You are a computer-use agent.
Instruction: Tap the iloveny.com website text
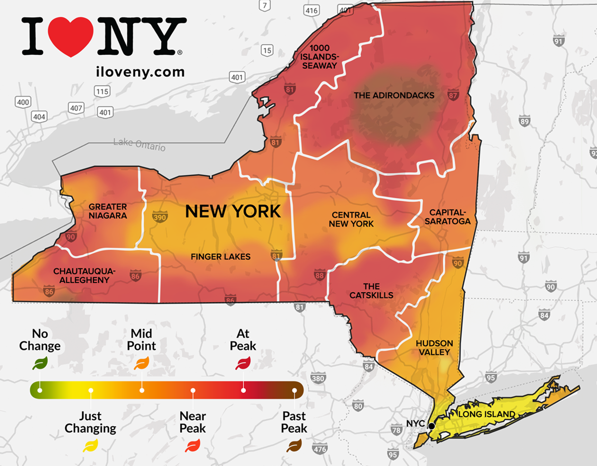[x=140, y=72]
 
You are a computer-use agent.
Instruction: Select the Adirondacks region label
[x=394, y=95]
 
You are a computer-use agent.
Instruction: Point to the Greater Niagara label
[x=108, y=211]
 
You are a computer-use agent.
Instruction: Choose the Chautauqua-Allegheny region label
[x=84, y=275]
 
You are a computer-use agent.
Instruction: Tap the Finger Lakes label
[x=221, y=257]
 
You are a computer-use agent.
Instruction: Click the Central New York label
[x=351, y=220]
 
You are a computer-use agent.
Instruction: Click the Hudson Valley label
[x=434, y=348]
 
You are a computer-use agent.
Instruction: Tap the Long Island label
[x=487, y=414]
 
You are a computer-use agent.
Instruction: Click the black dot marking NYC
[x=431, y=426]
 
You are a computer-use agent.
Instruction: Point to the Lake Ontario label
[x=139, y=145]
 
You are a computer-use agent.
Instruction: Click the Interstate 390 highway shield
[x=159, y=218]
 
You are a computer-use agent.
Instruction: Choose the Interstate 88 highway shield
[x=319, y=275]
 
